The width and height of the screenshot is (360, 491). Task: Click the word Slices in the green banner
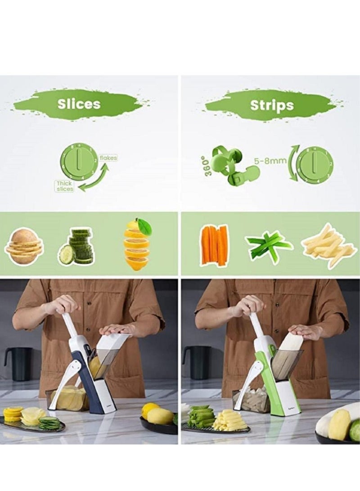pos(79,104)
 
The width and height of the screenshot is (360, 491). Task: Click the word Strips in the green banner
pos(271,105)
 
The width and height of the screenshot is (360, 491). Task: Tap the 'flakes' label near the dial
pos(108,158)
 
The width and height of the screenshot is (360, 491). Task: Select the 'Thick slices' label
pos(64,186)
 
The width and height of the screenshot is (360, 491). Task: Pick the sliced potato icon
pos(23,246)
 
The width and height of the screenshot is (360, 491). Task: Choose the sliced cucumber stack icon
pos(76,248)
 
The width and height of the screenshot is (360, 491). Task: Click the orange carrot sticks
pos(215,245)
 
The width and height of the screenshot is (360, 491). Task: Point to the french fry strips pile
pos(329,246)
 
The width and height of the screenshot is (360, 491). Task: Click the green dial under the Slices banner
pos(79,162)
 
